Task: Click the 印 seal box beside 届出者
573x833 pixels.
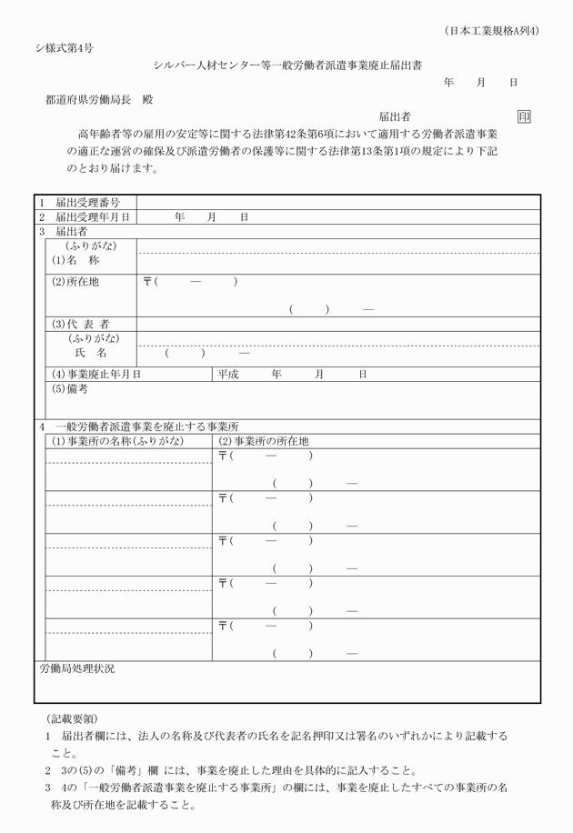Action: (x=524, y=116)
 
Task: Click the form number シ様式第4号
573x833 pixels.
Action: (x=63, y=45)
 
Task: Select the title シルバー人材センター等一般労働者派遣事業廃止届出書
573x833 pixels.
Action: (x=286, y=64)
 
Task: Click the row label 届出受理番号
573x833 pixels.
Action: (x=87, y=202)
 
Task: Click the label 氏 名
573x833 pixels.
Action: (x=91, y=352)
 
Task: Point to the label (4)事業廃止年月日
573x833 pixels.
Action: (x=96, y=374)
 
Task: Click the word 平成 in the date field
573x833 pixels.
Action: (x=230, y=374)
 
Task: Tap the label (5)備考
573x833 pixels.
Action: (x=70, y=388)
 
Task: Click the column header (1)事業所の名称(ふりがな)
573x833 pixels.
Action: (x=117, y=441)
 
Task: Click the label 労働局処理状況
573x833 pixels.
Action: (x=76, y=668)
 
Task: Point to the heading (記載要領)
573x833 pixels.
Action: (x=71, y=718)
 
